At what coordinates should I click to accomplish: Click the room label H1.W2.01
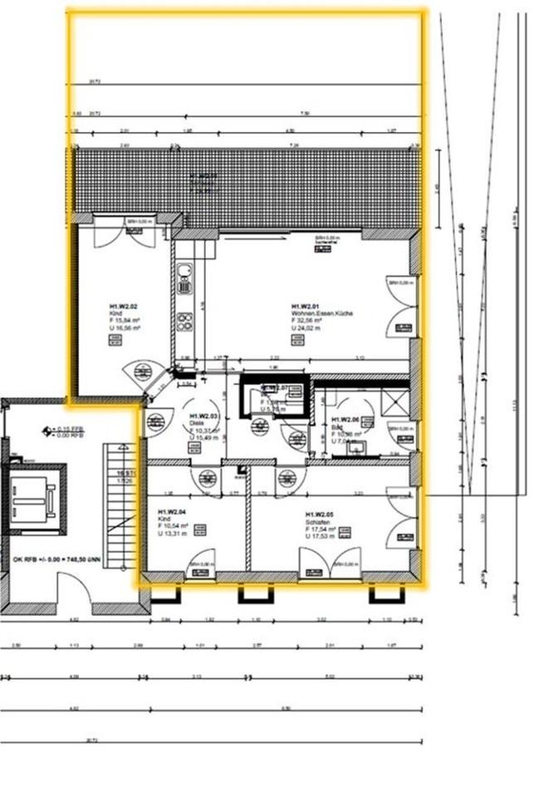(311, 305)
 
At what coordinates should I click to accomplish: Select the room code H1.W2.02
(123, 306)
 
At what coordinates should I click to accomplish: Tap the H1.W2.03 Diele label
(203, 415)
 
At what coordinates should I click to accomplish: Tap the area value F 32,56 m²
(310, 320)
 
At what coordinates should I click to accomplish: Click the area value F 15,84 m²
(125, 321)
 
